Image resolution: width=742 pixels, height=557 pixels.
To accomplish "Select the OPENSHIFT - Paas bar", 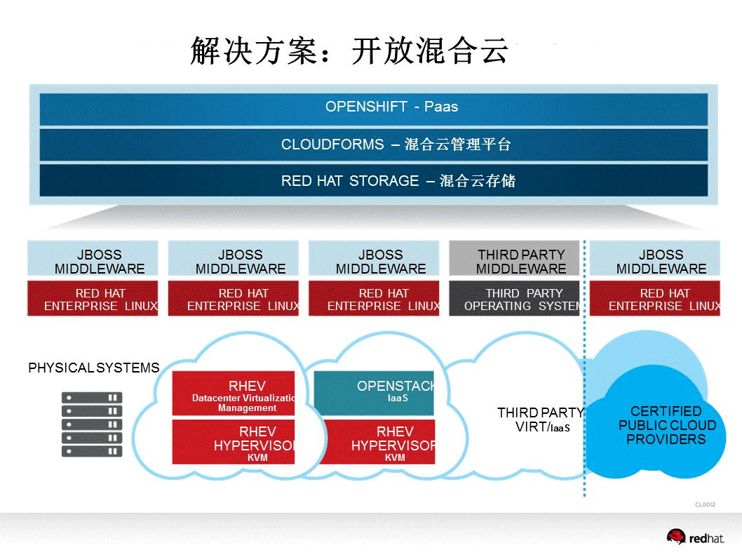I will click(x=373, y=107).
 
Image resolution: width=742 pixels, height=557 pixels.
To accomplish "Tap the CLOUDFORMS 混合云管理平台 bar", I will click(x=373, y=145).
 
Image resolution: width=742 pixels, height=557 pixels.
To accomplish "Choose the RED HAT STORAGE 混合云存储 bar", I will click(x=373, y=181).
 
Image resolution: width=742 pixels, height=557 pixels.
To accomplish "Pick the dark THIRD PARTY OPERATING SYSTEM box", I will click(x=514, y=299).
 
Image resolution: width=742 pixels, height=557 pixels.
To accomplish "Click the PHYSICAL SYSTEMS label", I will click(x=93, y=368).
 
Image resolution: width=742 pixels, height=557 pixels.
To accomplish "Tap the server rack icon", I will click(x=92, y=424).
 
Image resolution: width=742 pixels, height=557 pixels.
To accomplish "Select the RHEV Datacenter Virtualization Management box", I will click(x=234, y=393).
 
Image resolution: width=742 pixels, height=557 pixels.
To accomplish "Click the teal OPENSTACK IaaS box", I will click(x=374, y=393).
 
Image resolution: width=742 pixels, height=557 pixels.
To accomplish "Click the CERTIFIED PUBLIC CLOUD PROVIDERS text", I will click(x=666, y=425).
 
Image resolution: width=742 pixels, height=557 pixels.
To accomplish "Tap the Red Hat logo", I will click(x=696, y=537).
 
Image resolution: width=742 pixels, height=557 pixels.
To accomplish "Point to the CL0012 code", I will click(x=705, y=504).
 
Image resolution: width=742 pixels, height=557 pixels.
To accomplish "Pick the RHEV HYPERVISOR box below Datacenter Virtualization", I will click(x=234, y=442).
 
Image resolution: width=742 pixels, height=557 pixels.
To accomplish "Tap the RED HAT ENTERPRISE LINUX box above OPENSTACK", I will click(x=374, y=299).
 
